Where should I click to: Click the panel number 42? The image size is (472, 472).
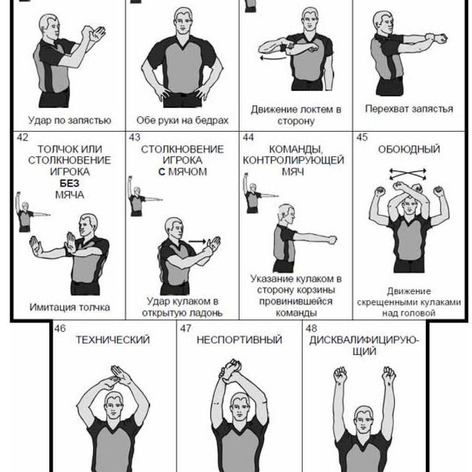click(23, 137)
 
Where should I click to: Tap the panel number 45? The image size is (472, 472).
click(362, 137)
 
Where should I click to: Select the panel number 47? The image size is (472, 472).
click(186, 328)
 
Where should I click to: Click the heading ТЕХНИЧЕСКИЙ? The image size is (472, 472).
click(112, 340)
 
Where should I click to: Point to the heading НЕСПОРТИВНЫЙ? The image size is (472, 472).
click(239, 340)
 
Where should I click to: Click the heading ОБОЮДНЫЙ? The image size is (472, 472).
click(409, 149)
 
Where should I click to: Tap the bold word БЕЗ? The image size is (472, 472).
click(70, 183)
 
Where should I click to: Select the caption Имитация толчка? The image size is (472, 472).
click(70, 307)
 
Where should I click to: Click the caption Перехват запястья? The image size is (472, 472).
click(409, 109)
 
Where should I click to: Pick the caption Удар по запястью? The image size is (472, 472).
click(70, 120)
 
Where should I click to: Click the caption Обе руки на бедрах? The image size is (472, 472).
click(183, 120)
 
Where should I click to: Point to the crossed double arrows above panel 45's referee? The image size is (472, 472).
click(408, 174)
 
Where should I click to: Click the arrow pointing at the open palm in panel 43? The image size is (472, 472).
click(197, 241)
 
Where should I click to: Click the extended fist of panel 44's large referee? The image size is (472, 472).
click(332, 240)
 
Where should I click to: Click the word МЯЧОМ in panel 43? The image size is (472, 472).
click(187, 172)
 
